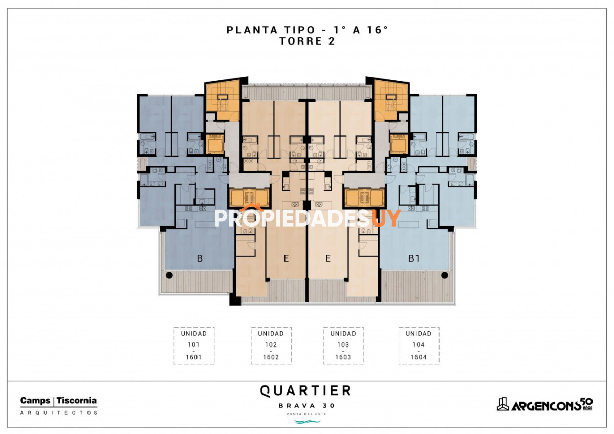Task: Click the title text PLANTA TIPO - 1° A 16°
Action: [x=307, y=30]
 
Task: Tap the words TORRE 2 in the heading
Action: [x=307, y=42]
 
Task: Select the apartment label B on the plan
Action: [x=200, y=259]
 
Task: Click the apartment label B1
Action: [x=414, y=259]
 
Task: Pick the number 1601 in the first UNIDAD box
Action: [x=193, y=357]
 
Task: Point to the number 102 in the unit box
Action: [x=271, y=345]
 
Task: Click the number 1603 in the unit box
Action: [x=343, y=357]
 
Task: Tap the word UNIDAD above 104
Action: [x=419, y=333]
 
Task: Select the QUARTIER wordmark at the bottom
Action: [x=306, y=391]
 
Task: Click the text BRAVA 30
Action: [x=306, y=406]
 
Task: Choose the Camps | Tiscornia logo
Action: [x=58, y=401]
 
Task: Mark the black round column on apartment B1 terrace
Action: [x=444, y=275]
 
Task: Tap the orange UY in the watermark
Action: [x=386, y=218]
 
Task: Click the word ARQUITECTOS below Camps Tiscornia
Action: [x=58, y=412]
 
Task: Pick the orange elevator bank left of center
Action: [x=249, y=198]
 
